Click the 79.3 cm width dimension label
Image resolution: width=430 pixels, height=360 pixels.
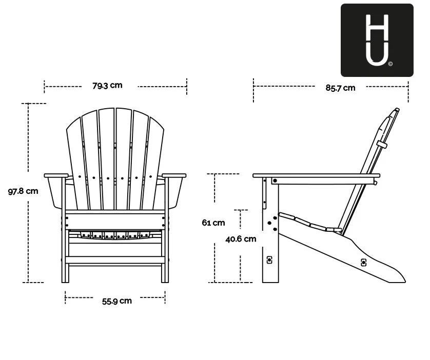[107, 86]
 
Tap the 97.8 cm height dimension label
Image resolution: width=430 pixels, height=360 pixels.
[23, 191]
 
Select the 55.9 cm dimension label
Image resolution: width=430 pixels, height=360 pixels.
[117, 301]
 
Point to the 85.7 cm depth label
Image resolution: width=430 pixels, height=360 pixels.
[340, 88]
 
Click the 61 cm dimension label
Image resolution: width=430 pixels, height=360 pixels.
[213, 223]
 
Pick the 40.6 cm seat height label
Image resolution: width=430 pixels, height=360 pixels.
[241, 239]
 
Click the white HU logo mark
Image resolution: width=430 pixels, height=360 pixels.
[377, 39]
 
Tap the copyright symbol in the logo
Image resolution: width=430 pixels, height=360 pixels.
[390, 64]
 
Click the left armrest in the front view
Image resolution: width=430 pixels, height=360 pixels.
[56, 175]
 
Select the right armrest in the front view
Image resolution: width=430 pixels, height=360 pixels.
[174, 175]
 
